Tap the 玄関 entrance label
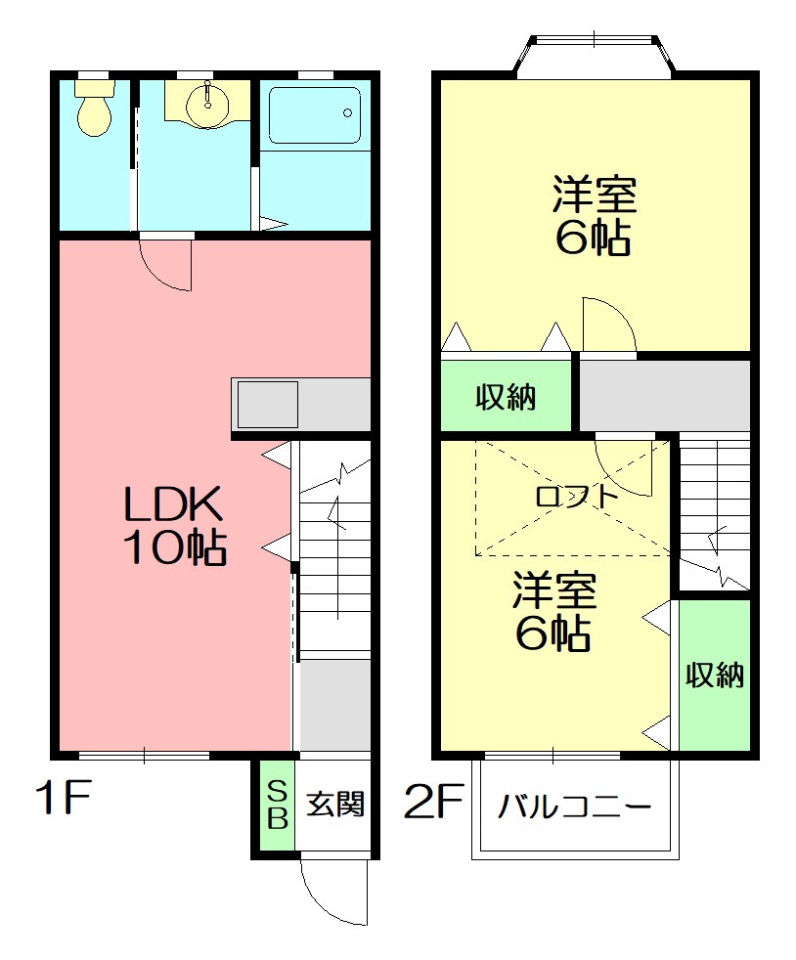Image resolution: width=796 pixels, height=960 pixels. point(335,805)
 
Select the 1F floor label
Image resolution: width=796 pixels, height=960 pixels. point(63,801)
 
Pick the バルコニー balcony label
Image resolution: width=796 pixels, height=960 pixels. point(574,808)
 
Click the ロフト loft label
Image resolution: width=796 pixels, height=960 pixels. point(577,496)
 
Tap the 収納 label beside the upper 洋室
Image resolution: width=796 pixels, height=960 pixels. point(506,397)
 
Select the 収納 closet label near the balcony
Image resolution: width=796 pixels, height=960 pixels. point(715,675)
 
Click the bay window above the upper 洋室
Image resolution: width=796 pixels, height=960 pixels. point(595,56)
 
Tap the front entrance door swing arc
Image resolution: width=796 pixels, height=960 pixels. point(335,892)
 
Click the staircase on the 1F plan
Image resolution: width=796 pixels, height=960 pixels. point(334,547)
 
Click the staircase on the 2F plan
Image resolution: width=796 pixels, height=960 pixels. point(715,513)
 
